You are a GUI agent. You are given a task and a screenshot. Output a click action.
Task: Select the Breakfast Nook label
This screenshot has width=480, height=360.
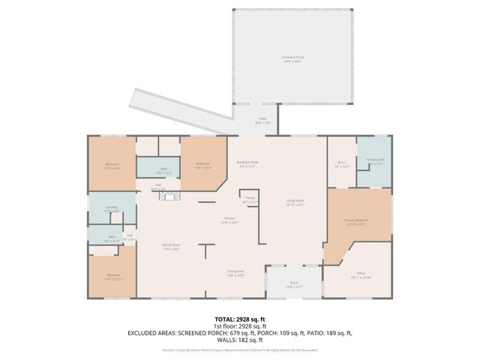click(247, 164)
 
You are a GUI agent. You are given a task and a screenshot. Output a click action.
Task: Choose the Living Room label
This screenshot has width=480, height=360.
click(295, 202)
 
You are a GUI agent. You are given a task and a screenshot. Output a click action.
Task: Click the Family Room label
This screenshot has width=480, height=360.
click(172, 247)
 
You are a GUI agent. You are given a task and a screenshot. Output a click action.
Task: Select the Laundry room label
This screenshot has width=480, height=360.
click(112, 209)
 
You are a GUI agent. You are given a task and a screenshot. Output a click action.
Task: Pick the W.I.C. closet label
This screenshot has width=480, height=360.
click(340, 164)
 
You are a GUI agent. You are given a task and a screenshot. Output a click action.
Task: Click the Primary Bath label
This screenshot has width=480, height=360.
click(374, 162)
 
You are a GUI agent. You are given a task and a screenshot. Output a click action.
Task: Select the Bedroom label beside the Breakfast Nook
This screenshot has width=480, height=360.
click(202, 165)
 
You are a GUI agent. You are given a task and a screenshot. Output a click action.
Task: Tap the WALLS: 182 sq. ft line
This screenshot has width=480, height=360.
click(240, 339)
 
